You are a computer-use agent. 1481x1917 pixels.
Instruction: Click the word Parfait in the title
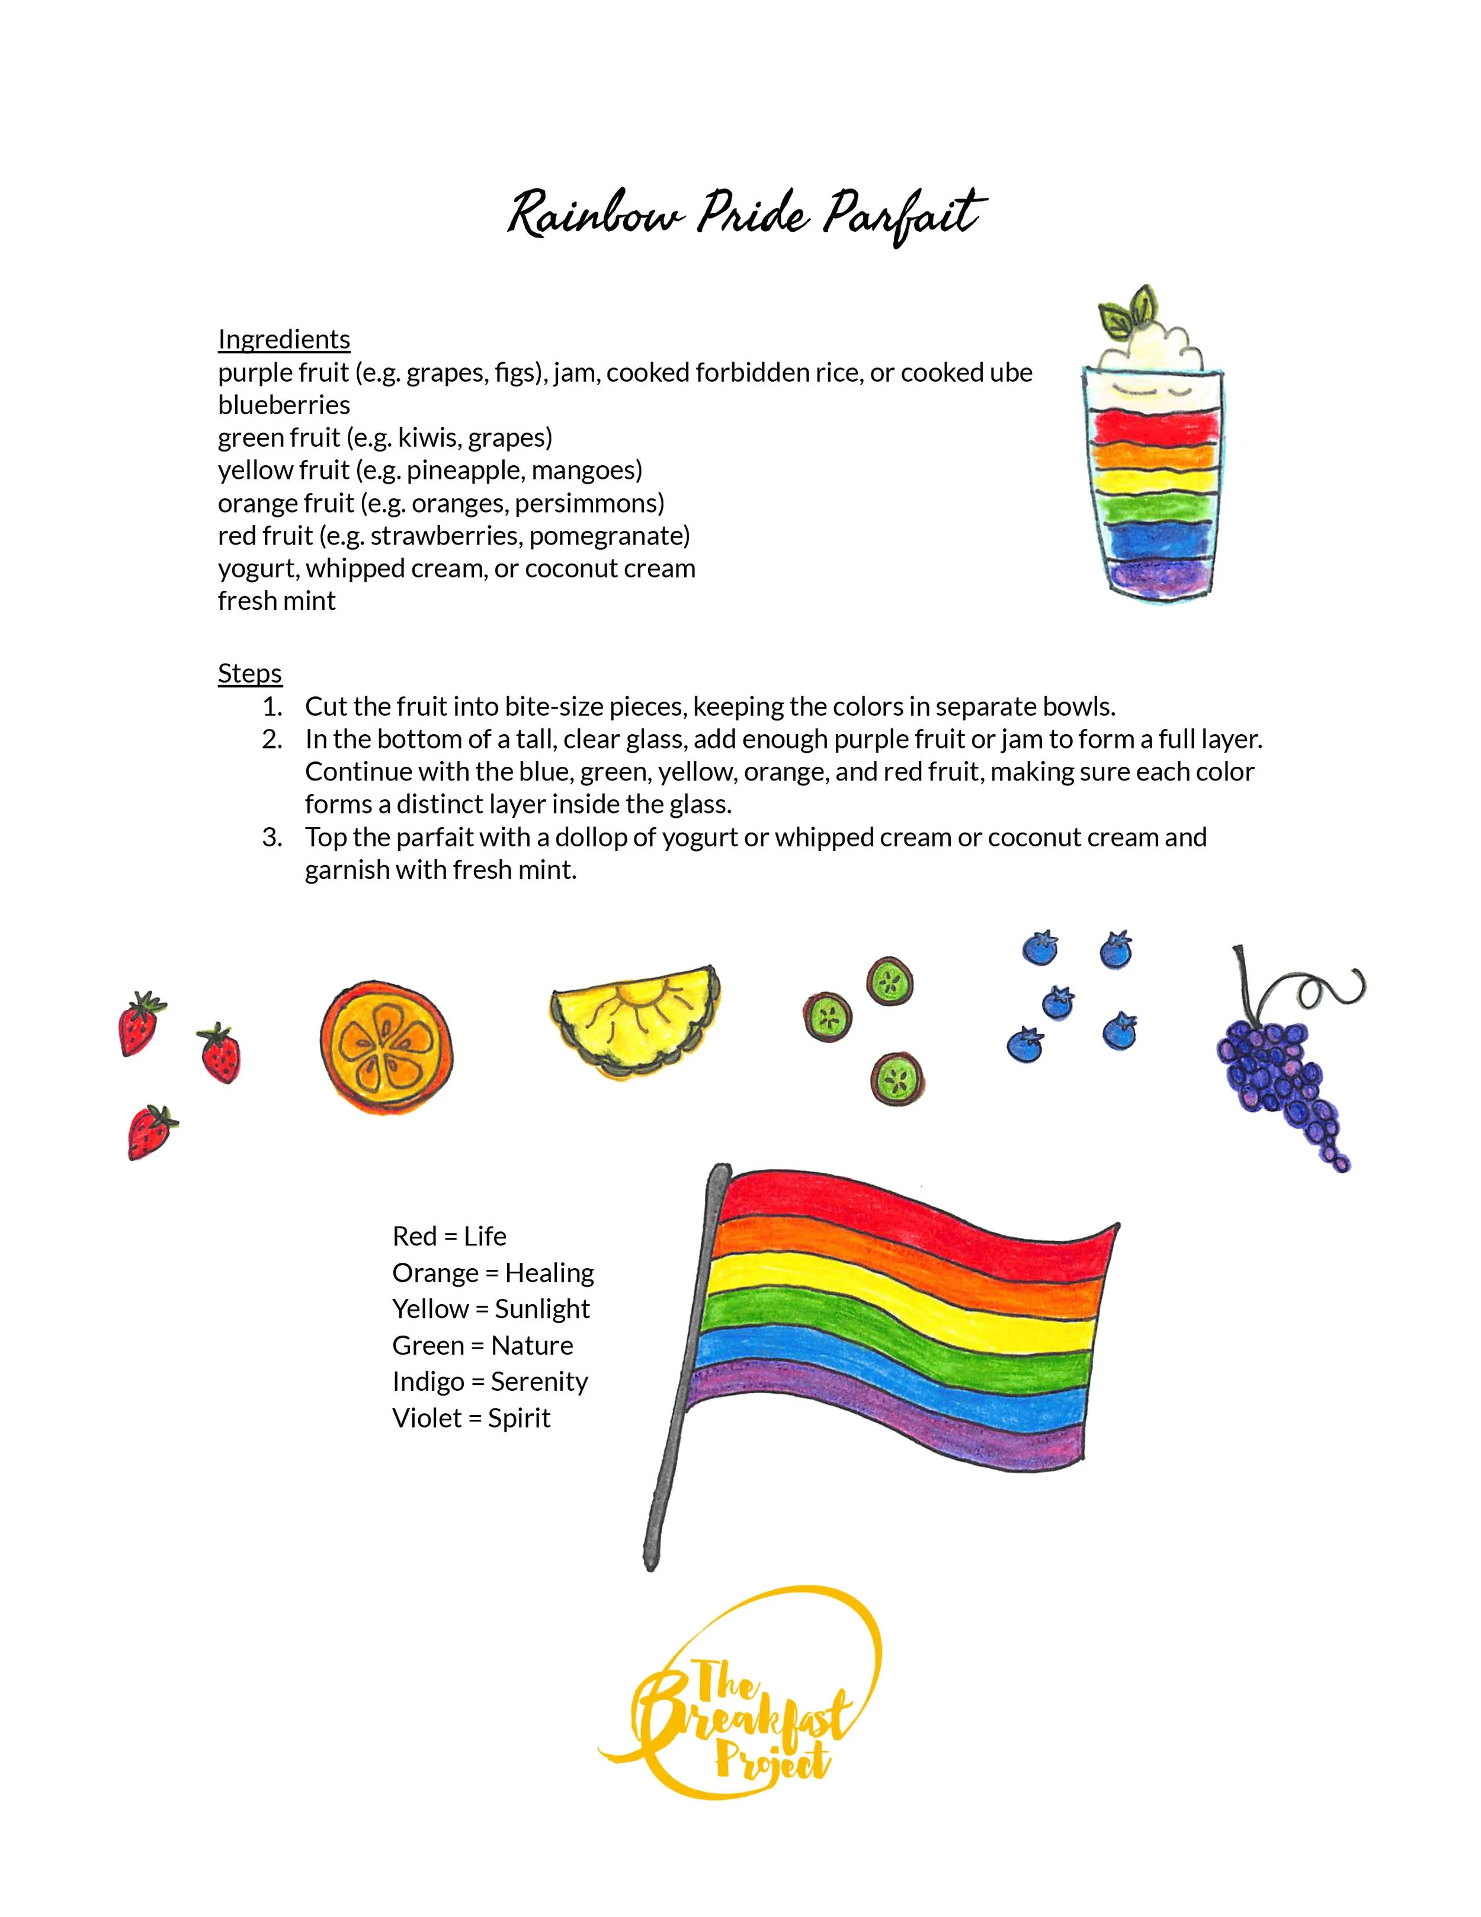tap(903, 215)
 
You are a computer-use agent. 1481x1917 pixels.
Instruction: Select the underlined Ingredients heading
tap(283, 340)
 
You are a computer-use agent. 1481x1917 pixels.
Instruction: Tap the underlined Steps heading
tap(249, 673)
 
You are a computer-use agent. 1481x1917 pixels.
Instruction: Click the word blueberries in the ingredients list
tap(283, 405)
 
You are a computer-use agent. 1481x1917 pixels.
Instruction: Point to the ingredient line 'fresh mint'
tap(277, 601)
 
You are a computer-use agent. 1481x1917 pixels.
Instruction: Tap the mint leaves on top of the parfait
tap(1127, 312)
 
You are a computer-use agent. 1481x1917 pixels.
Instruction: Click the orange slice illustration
tap(387, 1047)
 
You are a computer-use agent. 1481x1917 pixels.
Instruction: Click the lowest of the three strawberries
tap(151, 1132)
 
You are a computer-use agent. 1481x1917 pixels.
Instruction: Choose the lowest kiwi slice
tap(897, 1078)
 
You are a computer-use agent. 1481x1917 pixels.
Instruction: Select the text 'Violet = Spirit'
tap(471, 1419)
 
